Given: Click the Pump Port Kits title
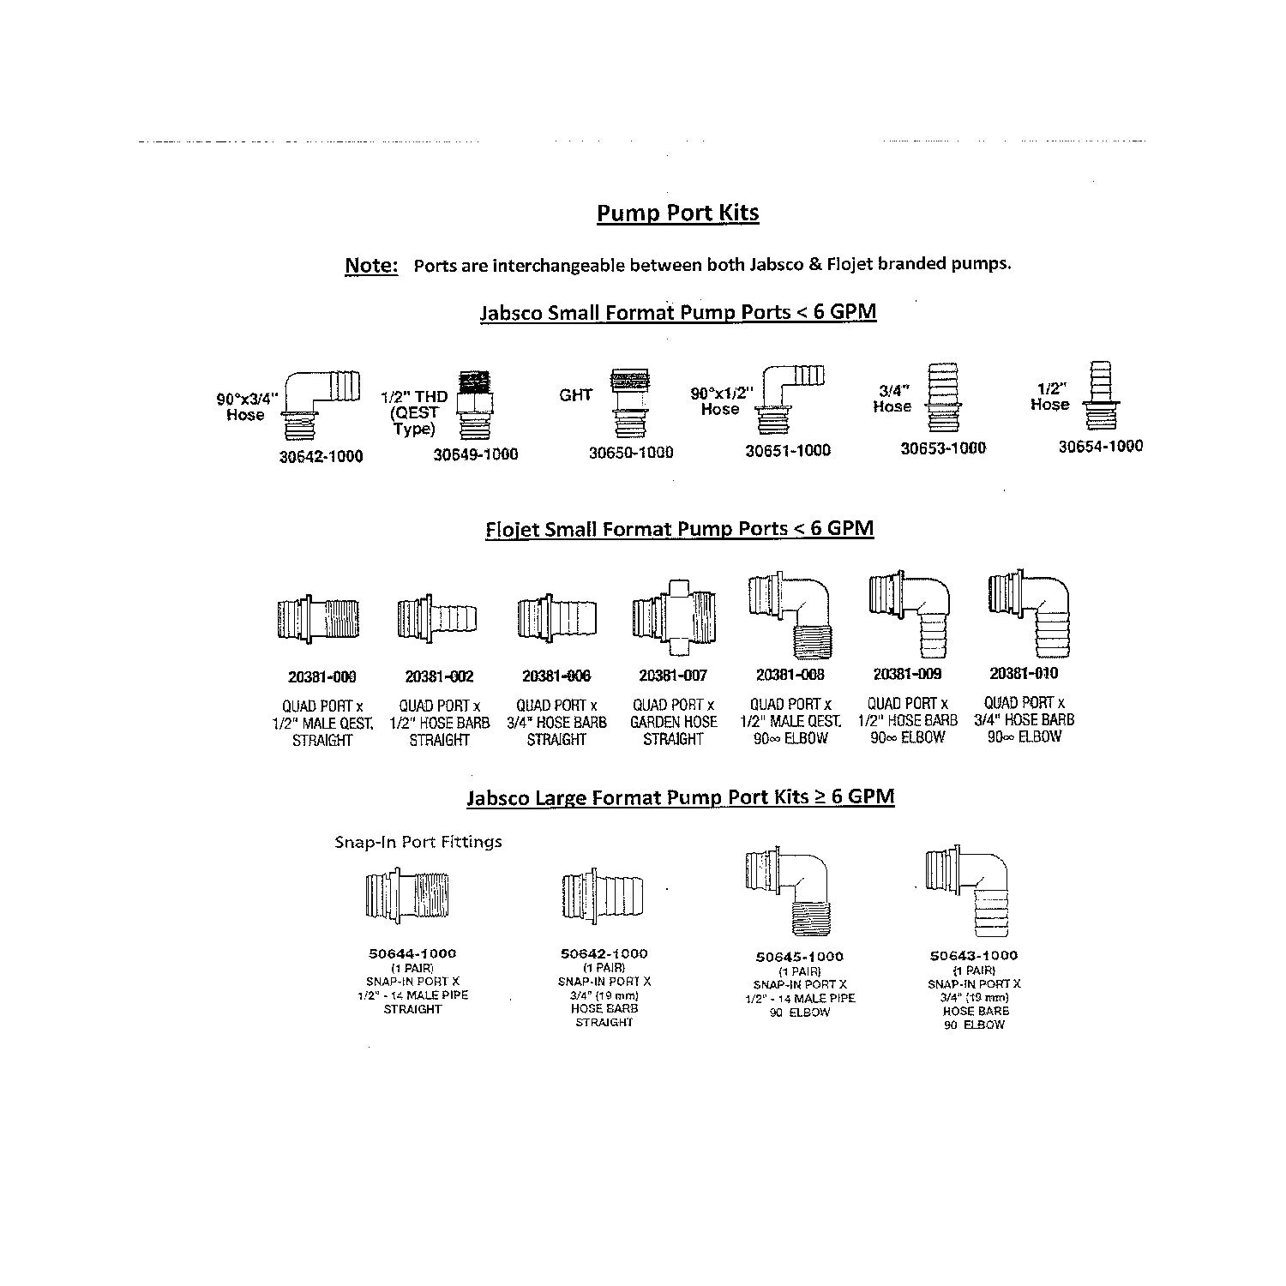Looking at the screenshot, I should click(677, 213).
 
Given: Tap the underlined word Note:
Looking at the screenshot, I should click(371, 265).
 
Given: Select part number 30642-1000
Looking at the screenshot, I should click(321, 456).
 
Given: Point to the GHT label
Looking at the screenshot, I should click(575, 395).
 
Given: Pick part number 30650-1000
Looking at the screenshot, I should click(630, 453).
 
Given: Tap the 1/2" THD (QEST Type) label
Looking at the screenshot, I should click(414, 412).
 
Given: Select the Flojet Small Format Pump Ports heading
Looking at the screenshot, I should click(679, 528).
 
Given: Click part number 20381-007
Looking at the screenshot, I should click(673, 676).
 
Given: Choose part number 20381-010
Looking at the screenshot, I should click(1024, 673).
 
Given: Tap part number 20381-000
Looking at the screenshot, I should click(321, 676).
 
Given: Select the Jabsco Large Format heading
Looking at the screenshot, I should click(680, 797).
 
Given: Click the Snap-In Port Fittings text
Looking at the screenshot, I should click(418, 842).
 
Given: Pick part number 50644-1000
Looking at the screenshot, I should click(412, 953).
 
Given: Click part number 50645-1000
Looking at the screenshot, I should click(799, 957).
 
